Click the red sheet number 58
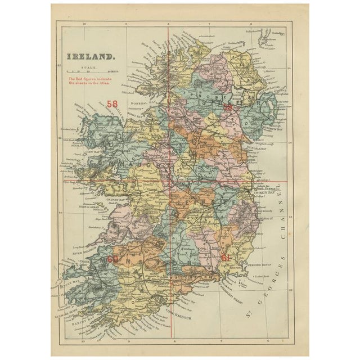[112, 104]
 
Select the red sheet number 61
[226, 257]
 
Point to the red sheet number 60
[112, 259]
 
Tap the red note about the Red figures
[92, 82]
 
